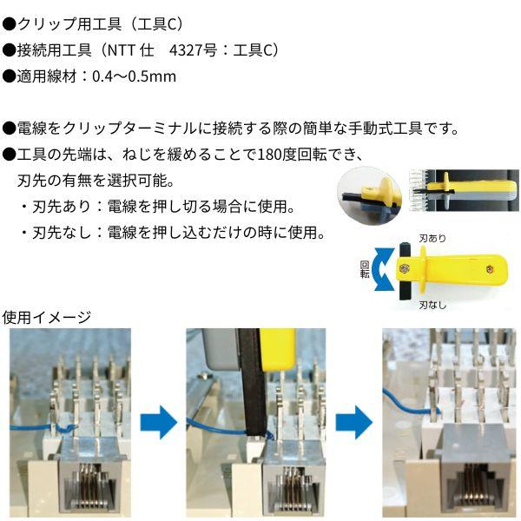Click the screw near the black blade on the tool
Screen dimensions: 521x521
[x=404, y=270]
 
